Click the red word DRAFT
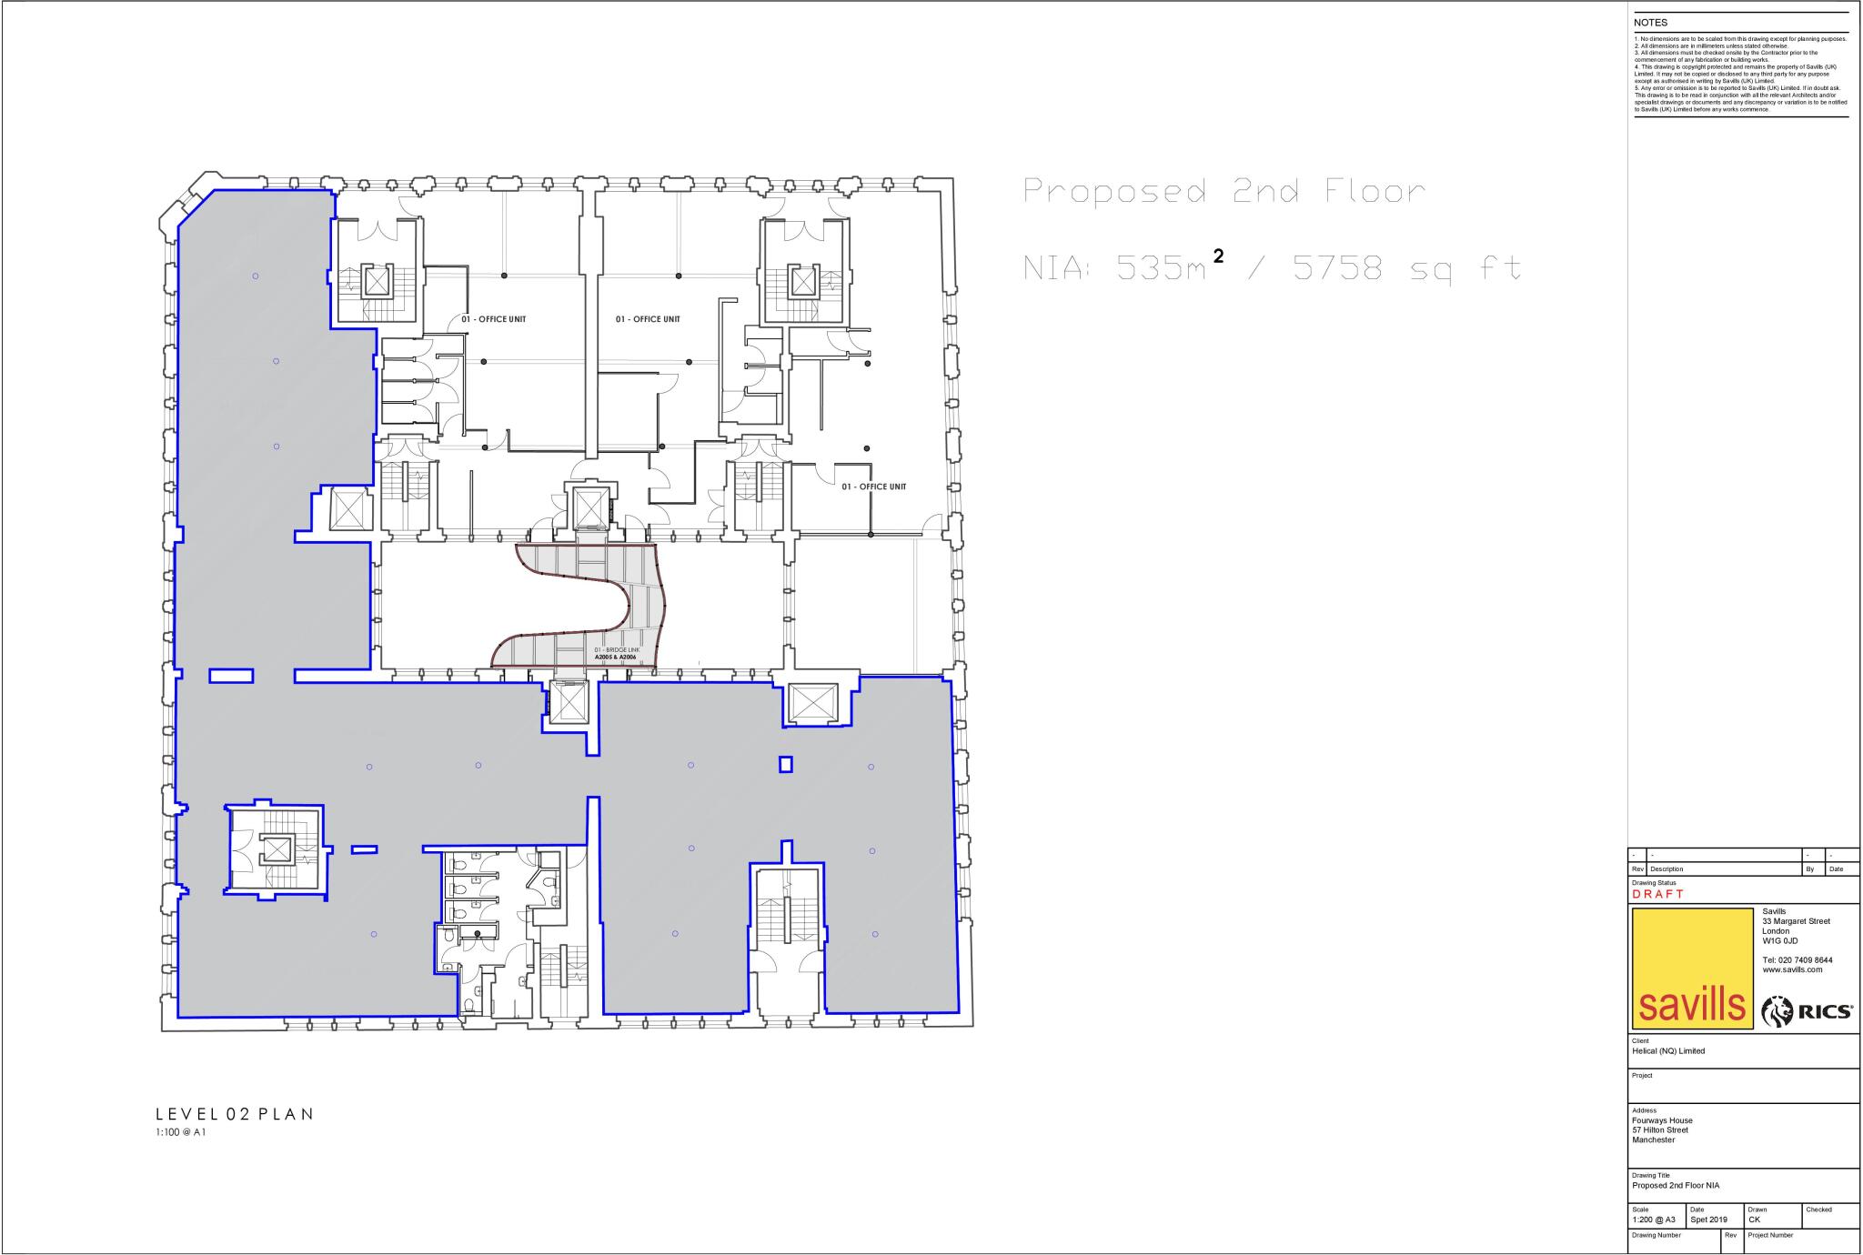point(1657,894)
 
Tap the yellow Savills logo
point(1692,968)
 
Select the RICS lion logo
point(1807,1011)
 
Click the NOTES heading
point(1650,23)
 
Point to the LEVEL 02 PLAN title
point(234,1114)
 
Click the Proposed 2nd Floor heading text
point(1224,192)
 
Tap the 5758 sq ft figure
point(1406,269)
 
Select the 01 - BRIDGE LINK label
point(617,650)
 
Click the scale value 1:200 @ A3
point(1653,1220)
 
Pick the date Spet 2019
point(1708,1220)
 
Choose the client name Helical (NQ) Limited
point(1668,1050)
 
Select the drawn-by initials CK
point(1754,1220)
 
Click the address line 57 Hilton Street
point(1660,1129)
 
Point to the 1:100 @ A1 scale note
point(181,1132)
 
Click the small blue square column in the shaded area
point(786,764)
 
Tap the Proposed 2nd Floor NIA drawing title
point(1676,1185)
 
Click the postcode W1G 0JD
point(1780,940)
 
